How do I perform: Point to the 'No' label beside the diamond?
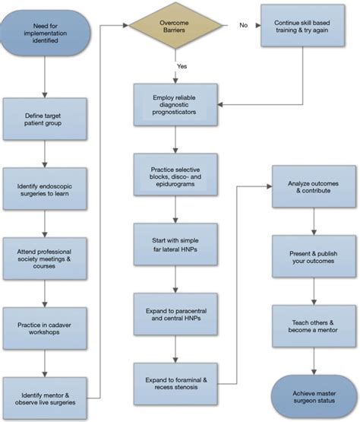[x=243, y=26]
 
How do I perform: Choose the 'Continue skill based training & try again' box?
[x=308, y=29]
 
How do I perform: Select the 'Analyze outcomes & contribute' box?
[x=314, y=189]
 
